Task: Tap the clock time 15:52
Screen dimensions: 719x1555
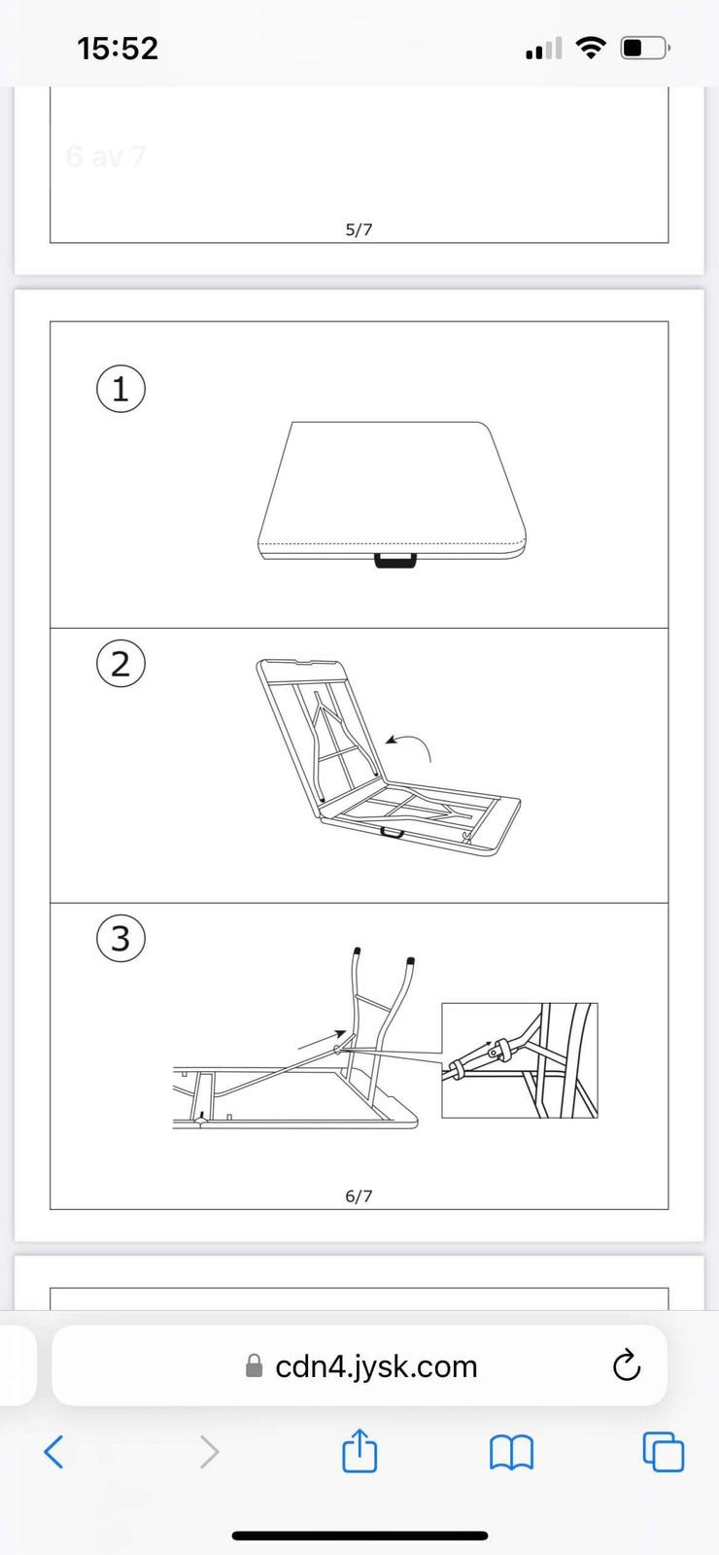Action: [118, 49]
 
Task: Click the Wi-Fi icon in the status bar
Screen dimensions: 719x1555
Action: [591, 48]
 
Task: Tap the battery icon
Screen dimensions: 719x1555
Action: [645, 48]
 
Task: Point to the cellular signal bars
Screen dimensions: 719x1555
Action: [544, 49]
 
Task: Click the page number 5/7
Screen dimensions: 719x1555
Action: [359, 229]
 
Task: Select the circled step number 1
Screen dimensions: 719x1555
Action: [120, 389]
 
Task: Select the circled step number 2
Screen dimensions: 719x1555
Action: [120, 664]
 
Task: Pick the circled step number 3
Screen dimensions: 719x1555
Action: [120, 938]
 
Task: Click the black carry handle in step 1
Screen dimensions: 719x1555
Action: [395, 560]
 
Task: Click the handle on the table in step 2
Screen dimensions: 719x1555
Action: [393, 832]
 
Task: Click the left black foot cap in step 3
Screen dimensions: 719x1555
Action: [357, 950]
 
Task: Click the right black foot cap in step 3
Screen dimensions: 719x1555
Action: [411, 961]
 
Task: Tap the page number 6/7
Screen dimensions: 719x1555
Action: [359, 1196]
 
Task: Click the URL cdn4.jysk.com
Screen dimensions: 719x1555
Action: [376, 1366]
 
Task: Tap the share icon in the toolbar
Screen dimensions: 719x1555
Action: [359, 1450]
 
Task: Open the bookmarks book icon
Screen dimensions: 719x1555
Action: [511, 1452]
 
